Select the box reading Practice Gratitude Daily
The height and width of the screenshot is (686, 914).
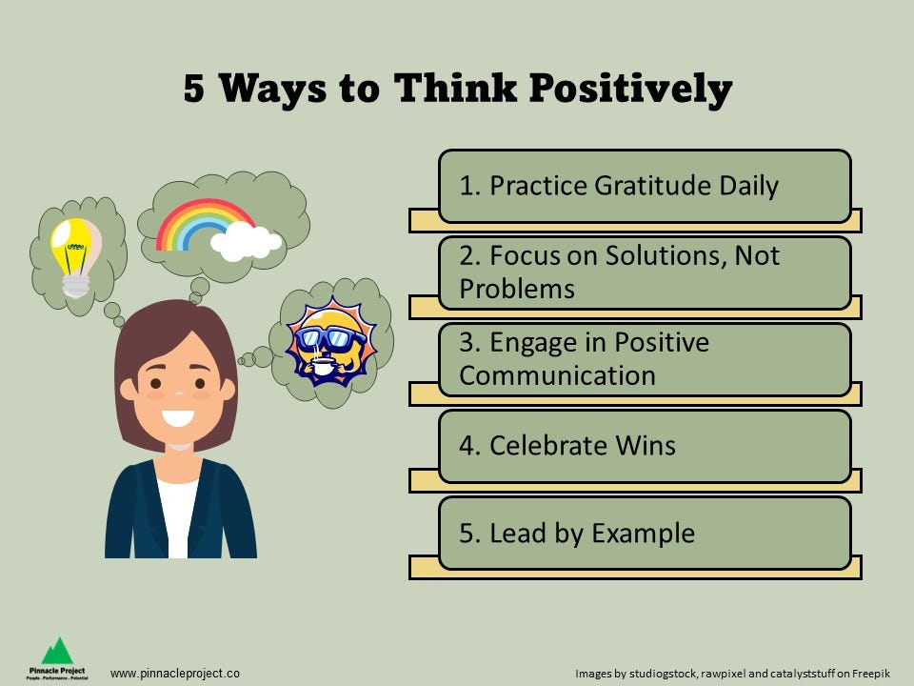(x=644, y=186)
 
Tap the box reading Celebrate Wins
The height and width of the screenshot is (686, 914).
(x=644, y=446)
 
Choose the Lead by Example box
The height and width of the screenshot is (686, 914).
(x=644, y=533)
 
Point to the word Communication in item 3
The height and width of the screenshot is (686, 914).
(x=557, y=375)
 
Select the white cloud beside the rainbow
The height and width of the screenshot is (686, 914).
(x=246, y=242)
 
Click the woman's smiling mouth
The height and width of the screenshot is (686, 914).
(x=177, y=416)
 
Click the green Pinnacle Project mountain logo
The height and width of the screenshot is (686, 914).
(x=57, y=651)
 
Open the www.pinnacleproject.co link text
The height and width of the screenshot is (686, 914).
(x=175, y=673)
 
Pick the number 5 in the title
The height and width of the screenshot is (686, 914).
(x=194, y=89)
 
